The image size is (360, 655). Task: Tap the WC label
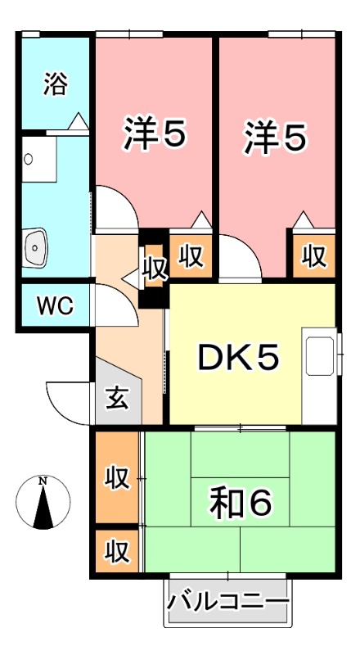[55, 306]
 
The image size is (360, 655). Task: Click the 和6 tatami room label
[239, 502]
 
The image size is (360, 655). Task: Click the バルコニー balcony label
[228, 604]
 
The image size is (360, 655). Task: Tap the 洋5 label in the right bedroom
[275, 136]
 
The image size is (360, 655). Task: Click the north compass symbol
[43, 501]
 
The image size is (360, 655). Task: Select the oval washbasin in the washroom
[35, 245]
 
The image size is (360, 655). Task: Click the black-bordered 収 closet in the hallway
[153, 268]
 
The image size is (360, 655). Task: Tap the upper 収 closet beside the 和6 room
[117, 477]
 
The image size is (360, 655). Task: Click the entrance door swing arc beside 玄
[69, 401]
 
